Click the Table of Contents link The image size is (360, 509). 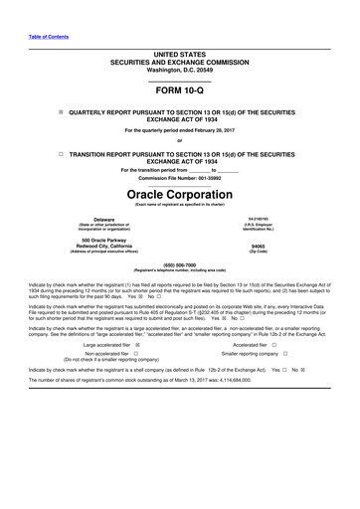point(49,37)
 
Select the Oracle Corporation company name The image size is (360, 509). point(179,193)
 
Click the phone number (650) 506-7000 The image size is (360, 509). point(179,264)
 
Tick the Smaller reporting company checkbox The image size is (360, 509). point(284,354)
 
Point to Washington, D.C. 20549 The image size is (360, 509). point(179,70)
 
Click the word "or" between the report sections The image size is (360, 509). point(179,141)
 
